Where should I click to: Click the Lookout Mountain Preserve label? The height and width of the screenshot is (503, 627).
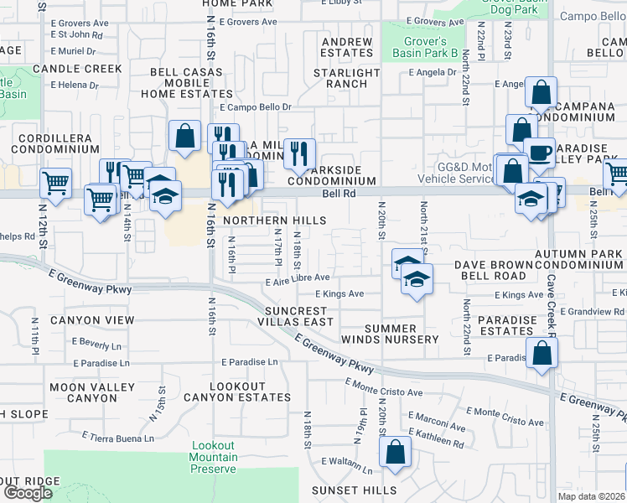point(214,457)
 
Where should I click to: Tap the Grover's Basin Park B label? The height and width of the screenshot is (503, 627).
point(425,47)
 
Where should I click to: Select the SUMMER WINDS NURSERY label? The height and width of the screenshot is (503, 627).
point(402,334)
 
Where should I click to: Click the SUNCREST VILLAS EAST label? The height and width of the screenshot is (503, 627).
point(284,316)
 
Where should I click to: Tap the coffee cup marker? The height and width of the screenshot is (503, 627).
point(539,153)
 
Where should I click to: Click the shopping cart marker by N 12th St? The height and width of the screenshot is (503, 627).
point(55,183)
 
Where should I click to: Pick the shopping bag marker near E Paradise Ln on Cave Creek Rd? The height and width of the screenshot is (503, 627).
point(542,354)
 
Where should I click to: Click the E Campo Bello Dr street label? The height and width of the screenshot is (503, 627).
point(255,107)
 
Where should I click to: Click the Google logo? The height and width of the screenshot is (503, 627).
point(28,493)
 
